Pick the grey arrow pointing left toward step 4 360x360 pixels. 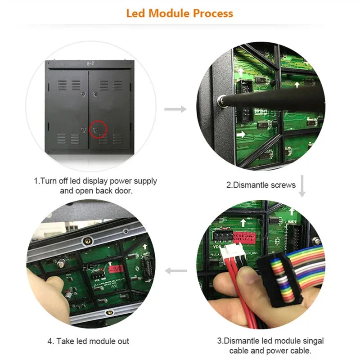click(x=175, y=270)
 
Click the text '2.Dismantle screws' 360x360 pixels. click(x=261, y=184)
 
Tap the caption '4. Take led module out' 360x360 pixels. click(x=88, y=341)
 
